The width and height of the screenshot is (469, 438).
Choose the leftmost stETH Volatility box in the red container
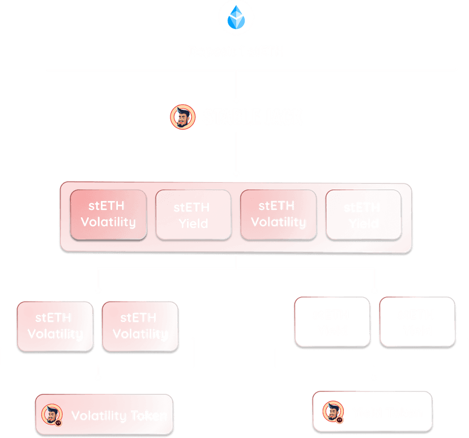(x=108, y=214)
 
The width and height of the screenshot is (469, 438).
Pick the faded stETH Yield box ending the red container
(x=364, y=215)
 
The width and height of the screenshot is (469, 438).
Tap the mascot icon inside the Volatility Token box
(x=53, y=415)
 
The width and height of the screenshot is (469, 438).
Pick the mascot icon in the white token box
(x=334, y=413)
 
